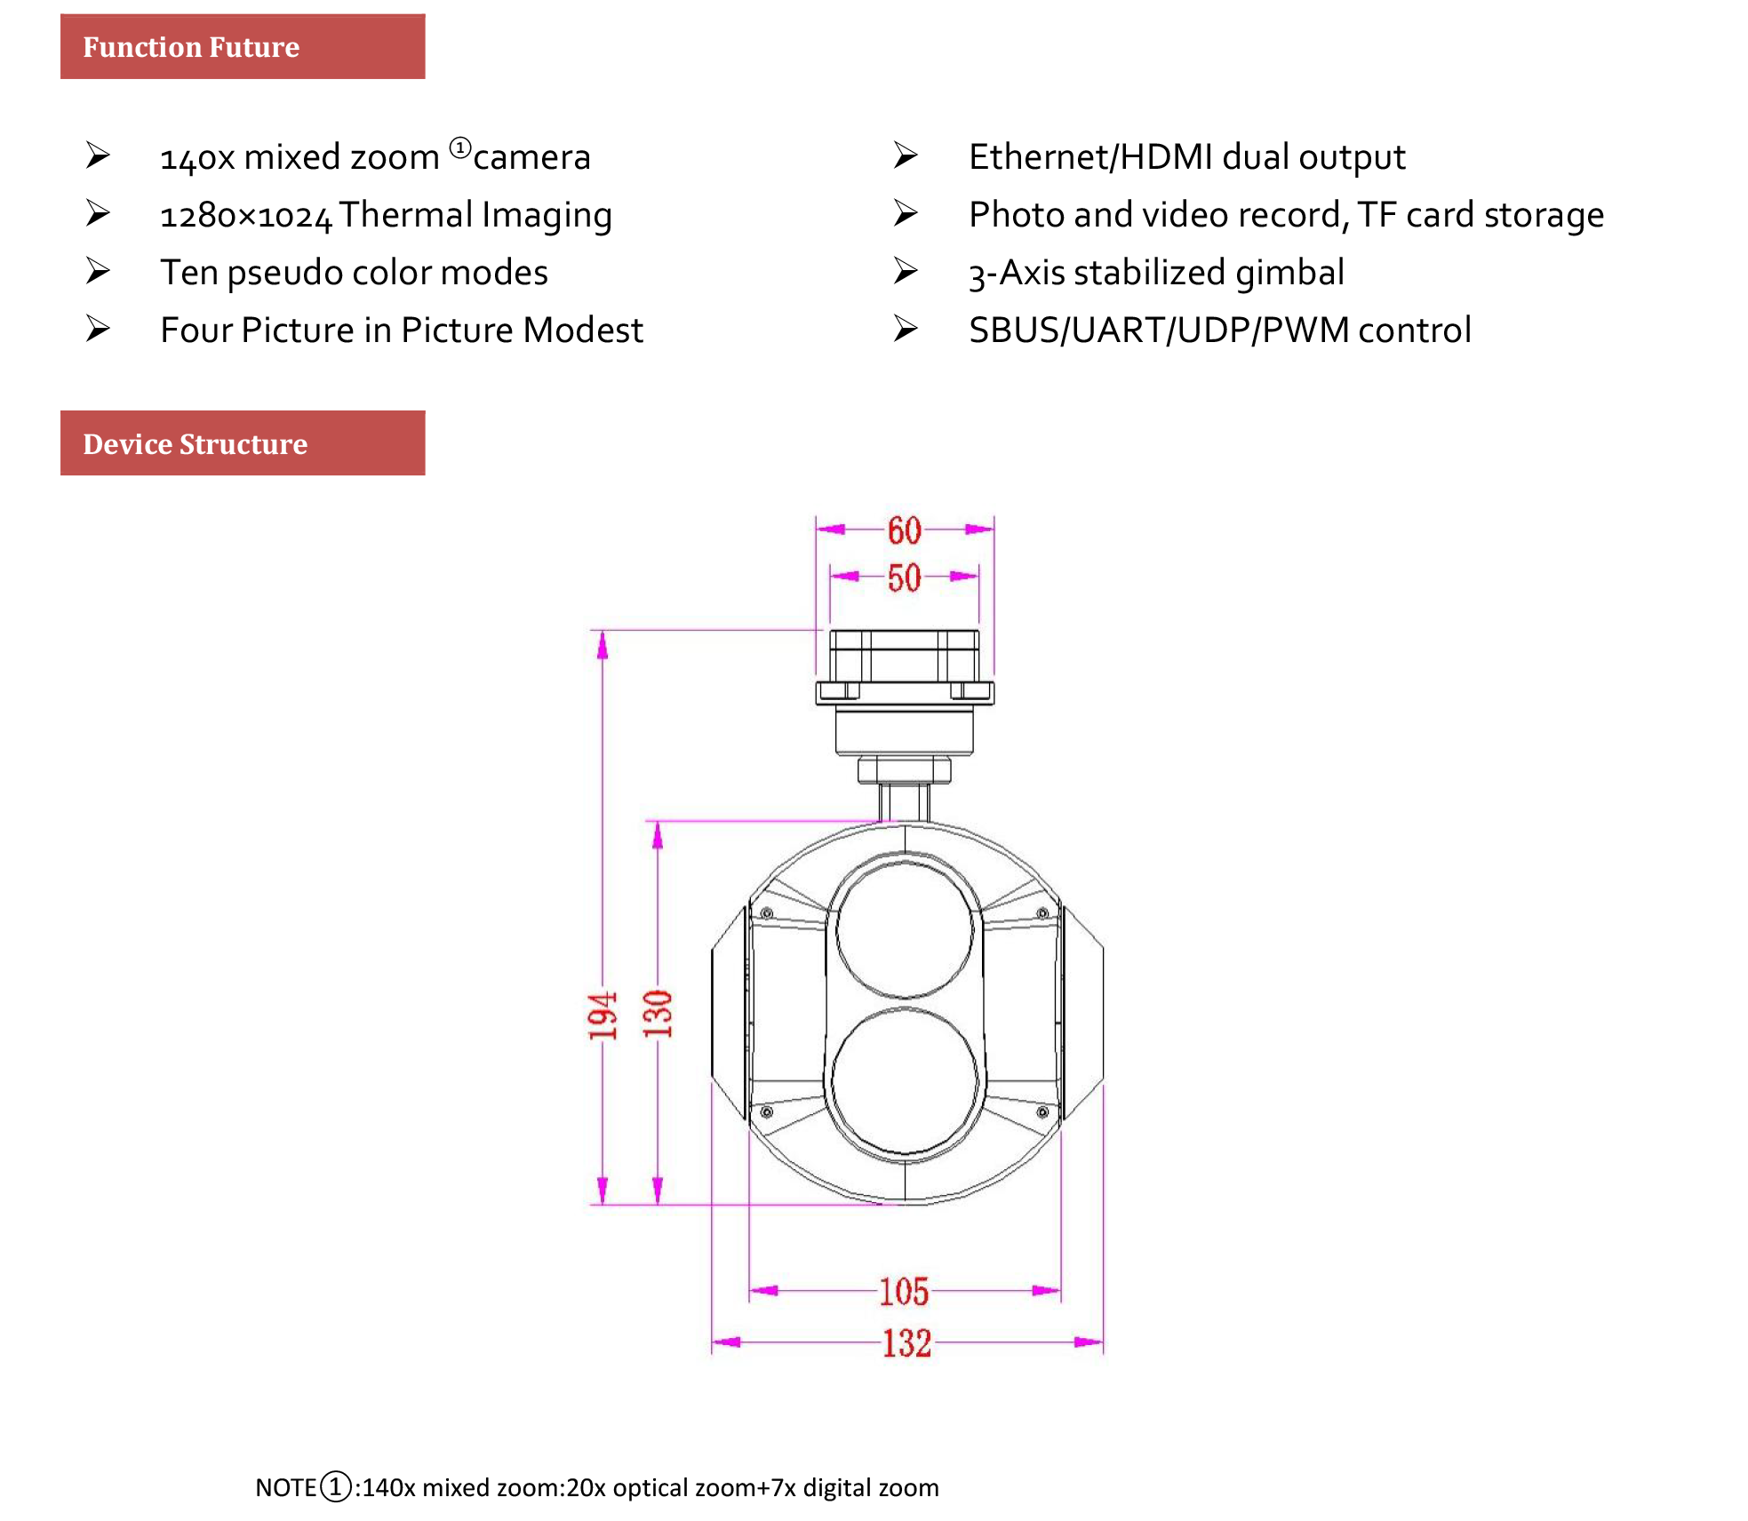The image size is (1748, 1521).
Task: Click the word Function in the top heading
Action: [x=142, y=47]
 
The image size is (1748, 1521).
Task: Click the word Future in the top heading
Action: [x=254, y=47]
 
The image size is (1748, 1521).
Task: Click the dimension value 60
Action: [x=904, y=530]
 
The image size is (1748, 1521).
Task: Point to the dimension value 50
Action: [x=904, y=578]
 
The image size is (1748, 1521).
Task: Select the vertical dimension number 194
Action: [x=602, y=1015]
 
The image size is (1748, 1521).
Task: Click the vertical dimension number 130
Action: [x=658, y=1014]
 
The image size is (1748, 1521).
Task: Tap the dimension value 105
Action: [x=904, y=1292]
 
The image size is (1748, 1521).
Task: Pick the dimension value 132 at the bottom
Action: [x=906, y=1343]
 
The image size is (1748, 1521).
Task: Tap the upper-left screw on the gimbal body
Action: [x=767, y=913]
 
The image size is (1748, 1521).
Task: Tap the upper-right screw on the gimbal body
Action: [x=1042, y=913]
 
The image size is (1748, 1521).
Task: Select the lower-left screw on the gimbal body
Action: [x=767, y=1112]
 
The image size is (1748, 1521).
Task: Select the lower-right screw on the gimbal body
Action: [x=1042, y=1112]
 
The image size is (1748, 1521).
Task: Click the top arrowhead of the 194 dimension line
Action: [x=603, y=645]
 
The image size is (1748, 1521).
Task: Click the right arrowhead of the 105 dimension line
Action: [x=1046, y=1290]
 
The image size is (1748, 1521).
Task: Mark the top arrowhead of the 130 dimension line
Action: [x=658, y=835]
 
